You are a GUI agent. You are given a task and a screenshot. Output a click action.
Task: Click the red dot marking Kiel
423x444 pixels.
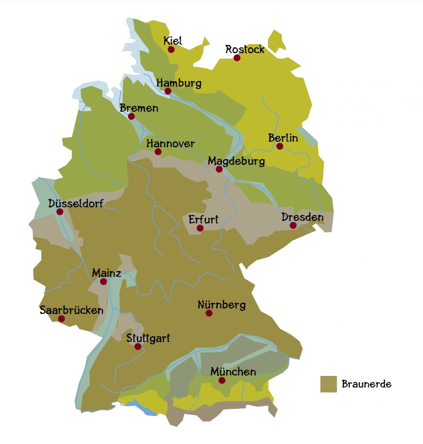coord(171,49)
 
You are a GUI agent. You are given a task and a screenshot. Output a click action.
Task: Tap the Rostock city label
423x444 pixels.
coord(245,49)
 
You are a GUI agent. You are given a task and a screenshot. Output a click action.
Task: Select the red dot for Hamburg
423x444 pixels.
coord(168,91)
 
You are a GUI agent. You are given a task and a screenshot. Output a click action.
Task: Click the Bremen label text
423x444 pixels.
coord(139,108)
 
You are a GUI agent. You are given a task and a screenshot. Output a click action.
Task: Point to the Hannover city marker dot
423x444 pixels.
coord(158,152)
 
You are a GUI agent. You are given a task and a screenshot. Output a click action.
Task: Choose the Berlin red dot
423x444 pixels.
coord(280,146)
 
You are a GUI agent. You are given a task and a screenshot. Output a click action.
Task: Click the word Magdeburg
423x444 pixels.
coord(236,161)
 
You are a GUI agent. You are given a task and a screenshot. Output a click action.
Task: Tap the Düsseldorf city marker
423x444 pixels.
coord(60,212)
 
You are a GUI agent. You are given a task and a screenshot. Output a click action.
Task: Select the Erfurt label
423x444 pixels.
coord(203,220)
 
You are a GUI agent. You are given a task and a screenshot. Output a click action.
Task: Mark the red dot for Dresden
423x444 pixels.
coord(293,226)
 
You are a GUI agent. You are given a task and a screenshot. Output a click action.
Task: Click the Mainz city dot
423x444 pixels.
coord(104,282)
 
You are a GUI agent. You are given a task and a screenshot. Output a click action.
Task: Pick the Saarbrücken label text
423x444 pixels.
coord(72,310)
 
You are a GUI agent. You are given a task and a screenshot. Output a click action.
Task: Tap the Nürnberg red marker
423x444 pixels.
coord(209,313)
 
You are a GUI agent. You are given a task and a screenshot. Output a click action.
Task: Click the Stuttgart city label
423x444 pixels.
coord(148,338)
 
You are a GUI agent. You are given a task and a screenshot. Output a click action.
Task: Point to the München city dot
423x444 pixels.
coord(222,380)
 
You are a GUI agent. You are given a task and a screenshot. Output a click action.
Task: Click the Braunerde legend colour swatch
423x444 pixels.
coord(328,384)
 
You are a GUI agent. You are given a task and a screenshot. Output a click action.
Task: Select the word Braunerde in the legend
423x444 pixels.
coord(366,384)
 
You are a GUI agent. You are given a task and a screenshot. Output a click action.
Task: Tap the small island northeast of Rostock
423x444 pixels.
coord(276,40)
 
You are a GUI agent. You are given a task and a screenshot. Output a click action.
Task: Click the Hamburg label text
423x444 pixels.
coord(179,83)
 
